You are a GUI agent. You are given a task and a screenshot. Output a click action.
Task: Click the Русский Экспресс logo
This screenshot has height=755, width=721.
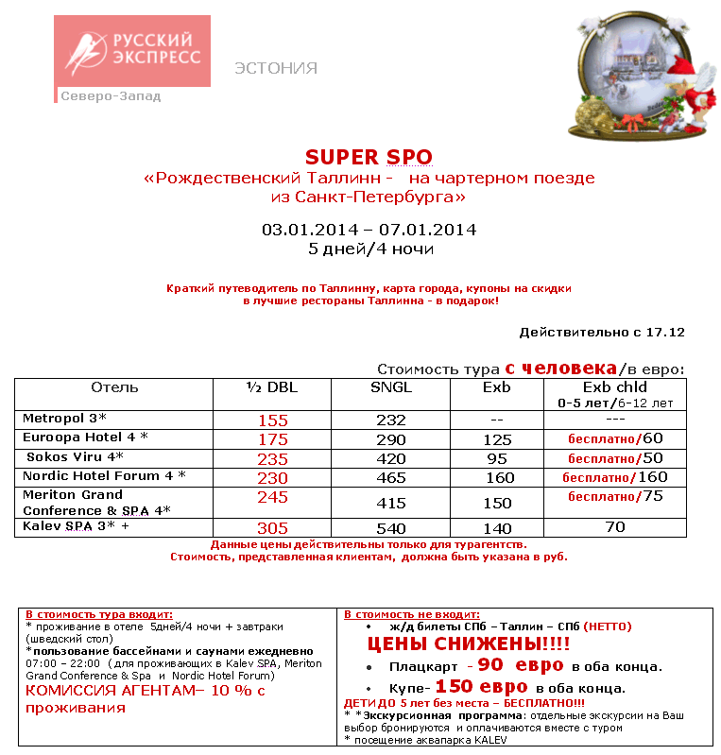pos(131,52)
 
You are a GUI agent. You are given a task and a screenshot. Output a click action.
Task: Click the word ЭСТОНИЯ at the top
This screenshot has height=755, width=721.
pos(276,68)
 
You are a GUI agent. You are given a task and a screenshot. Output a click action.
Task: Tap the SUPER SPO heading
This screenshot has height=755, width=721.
pos(369,157)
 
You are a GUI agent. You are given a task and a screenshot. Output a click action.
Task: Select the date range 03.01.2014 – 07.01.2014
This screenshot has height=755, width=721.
pos(369,230)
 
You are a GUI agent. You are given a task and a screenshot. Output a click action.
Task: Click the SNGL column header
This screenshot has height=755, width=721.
pos(391,387)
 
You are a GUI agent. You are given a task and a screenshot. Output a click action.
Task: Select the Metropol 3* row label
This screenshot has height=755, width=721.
pos(64,418)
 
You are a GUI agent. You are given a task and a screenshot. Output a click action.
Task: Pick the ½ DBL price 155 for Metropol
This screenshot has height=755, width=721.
pos(272,420)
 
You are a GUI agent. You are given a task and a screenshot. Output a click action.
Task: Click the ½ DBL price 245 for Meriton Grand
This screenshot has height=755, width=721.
pos(272,497)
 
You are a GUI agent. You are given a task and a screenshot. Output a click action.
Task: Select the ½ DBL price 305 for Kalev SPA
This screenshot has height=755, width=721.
pos(272,528)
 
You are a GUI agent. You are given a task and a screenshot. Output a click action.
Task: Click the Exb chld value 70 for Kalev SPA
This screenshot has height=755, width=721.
pos(615,527)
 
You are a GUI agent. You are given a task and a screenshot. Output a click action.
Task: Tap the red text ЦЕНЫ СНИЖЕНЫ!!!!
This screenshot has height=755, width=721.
pos(468,644)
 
